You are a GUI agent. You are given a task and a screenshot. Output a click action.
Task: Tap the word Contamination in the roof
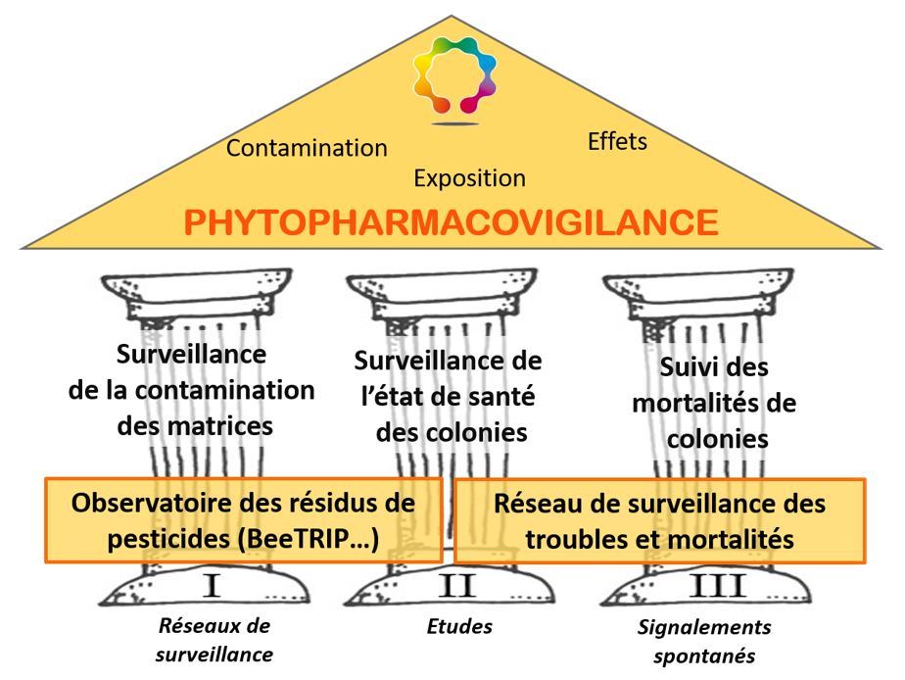click(307, 148)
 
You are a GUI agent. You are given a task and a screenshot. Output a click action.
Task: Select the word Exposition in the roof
click(470, 178)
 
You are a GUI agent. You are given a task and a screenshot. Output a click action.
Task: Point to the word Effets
click(617, 141)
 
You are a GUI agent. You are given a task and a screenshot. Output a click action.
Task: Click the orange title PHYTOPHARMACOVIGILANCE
click(452, 222)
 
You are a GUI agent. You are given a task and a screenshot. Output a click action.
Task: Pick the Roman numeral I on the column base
click(212, 586)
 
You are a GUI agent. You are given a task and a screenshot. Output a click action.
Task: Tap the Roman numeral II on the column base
click(457, 586)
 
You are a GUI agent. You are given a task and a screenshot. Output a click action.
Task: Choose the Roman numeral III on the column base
click(717, 586)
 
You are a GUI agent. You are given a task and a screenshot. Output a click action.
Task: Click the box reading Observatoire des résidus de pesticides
click(244, 520)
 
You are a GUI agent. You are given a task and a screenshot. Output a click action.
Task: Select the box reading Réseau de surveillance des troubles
click(660, 520)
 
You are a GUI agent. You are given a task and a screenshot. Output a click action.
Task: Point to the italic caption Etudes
click(459, 626)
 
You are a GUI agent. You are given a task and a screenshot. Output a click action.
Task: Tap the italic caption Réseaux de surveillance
click(214, 640)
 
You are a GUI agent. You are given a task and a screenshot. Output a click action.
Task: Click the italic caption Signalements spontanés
click(704, 641)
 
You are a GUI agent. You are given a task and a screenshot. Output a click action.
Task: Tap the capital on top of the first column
click(196, 297)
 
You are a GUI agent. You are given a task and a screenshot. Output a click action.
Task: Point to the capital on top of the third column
click(697, 297)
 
